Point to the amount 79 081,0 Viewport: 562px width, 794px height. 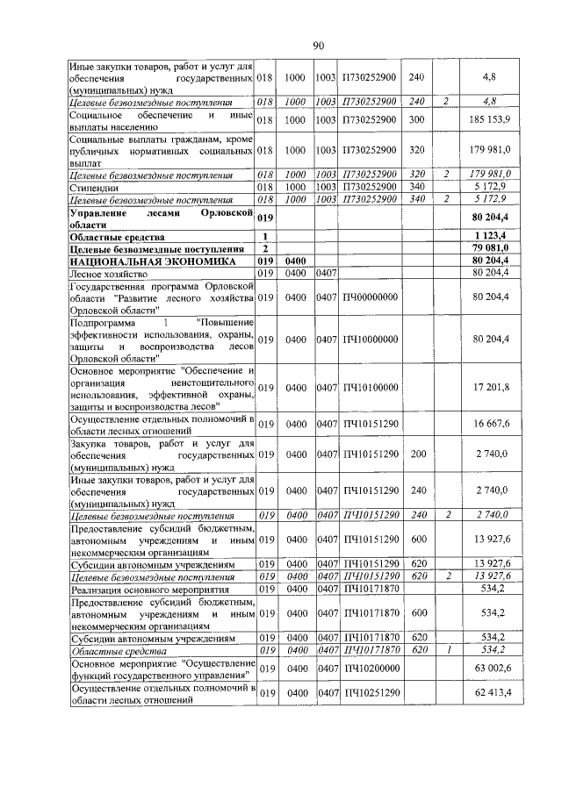[497, 248]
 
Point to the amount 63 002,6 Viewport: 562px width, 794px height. [496, 670]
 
